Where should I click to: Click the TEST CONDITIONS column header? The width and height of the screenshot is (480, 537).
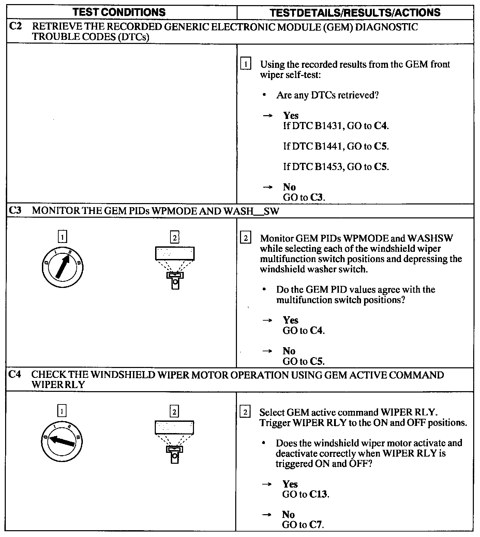point(119,13)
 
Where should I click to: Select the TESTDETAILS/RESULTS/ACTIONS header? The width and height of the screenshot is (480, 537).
point(355,13)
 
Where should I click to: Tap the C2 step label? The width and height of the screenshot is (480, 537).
point(15,27)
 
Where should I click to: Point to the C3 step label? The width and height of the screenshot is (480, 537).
point(15,210)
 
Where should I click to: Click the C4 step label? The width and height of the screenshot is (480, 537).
point(15,374)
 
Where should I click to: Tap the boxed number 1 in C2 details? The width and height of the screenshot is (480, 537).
point(245,64)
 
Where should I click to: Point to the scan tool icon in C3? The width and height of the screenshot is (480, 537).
point(175,268)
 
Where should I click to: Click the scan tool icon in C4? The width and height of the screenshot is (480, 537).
point(174,442)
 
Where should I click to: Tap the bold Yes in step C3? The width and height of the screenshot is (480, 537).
point(290,320)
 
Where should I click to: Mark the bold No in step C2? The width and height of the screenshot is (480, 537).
point(289,187)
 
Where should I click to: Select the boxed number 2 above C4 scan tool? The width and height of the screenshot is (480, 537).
point(174,412)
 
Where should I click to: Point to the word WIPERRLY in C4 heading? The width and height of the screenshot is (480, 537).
point(58,385)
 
